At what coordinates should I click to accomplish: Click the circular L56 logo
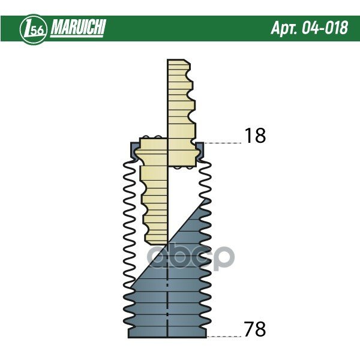[x=34, y=29]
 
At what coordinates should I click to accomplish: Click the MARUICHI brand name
[x=78, y=27]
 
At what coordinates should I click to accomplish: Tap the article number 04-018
[x=325, y=28]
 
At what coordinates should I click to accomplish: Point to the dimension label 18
[x=256, y=135]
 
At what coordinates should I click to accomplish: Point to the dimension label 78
[x=254, y=329]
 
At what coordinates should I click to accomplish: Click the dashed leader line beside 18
[x=223, y=143]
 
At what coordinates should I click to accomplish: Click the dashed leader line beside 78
[x=224, y=337]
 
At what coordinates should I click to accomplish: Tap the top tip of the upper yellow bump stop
[x=176, y=60]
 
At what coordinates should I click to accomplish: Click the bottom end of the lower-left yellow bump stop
[x=156, y=243]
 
